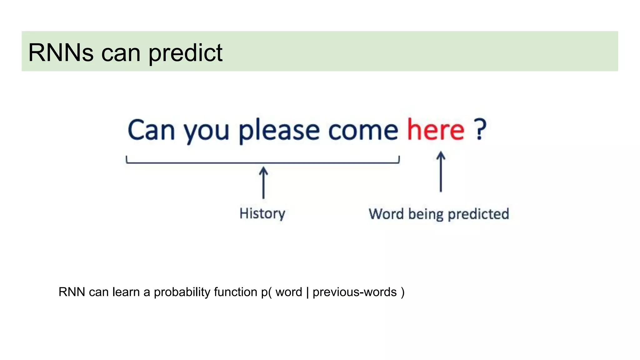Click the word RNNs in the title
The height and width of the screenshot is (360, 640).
[x=61, y=52]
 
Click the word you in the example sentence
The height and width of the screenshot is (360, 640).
[x=206, y=131]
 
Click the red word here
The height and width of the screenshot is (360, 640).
[x=436, y=130]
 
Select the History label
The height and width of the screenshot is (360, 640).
[x=262, y=214]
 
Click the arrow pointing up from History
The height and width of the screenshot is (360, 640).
[x=263, y=182]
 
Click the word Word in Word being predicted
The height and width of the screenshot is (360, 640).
[x=386, y=214]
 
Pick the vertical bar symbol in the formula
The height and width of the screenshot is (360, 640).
[x=307, y=292]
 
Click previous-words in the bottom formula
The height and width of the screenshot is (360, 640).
[x=354, y=292]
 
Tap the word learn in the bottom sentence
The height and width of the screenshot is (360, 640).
[x=126, y=292]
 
